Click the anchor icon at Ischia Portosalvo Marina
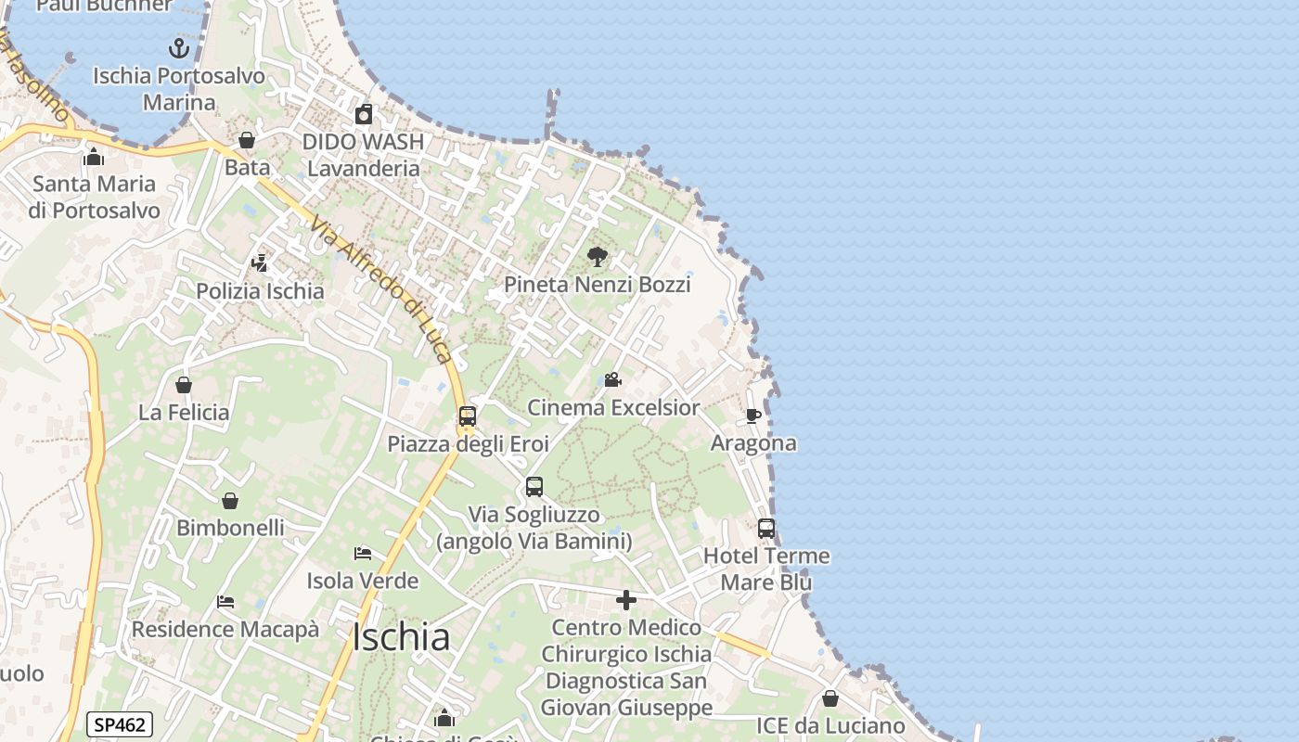click(178, 48)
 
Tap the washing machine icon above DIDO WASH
click(364, 115)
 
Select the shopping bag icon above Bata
click(247, 141)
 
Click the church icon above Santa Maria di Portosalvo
click(94, 157)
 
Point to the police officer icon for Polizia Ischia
click(260, 263)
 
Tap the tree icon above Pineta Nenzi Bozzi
click(598, 257)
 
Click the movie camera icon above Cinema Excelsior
click(612, 379)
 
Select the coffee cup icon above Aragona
click(753, 416)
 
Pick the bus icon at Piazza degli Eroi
click(468, 416)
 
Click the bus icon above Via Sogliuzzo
click(534, 487)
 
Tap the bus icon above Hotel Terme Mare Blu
click(766, 529)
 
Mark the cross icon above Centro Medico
click(626, 601)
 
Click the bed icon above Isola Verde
click(363, 554)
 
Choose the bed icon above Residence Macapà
click(225, 602)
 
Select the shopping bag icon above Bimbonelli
click(230, 501)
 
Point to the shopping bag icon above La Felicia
click(184, 385)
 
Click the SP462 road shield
click(120, 724)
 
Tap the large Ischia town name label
click(402, 637)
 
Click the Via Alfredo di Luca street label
click(382, 289)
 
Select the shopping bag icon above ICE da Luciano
click(830, 698)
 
